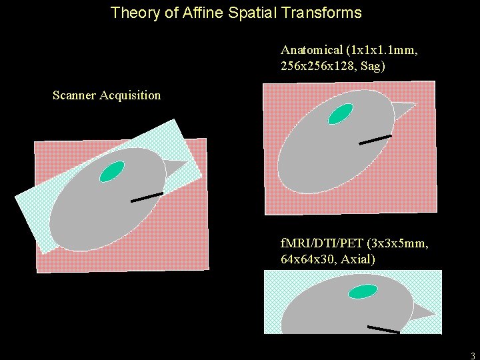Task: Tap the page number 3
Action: click(473, 355)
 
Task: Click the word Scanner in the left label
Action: click(74, 95)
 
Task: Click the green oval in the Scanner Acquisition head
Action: click(112, 171)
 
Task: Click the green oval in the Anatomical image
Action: click(341, 114)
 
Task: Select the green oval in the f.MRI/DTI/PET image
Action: click(363, 291)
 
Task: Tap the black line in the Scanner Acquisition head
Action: click(147, 197)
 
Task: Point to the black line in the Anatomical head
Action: click(375, 139)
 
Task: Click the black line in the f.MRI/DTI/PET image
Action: click(383, 329)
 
